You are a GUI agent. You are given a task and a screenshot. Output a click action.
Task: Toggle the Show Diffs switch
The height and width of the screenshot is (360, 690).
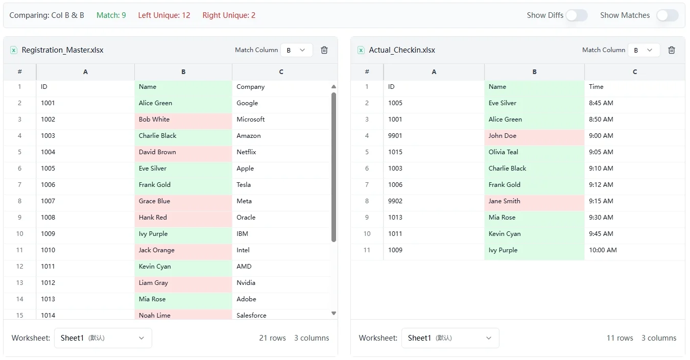pyautogui.click(x=576, y=15)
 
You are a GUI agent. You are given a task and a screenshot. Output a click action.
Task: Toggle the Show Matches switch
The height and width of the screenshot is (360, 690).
pyautogui.click(x=667, y=15)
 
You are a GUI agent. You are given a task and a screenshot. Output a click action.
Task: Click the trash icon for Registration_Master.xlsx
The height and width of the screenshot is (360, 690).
pyautogui.click(x=324, y=50)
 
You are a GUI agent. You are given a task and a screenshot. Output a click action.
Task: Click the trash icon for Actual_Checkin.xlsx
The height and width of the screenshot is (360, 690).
pyautogui.click(x=672, y=50)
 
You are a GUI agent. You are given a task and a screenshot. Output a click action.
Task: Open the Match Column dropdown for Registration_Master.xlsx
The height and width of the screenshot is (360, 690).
pyautogui.click(x=296, y=50)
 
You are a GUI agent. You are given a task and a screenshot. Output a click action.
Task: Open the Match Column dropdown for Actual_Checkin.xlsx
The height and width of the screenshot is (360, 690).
pyautogui.click(x=644, y=50)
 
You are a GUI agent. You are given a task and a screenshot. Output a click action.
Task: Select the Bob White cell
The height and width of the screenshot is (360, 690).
pyautogui.click(x=183, y=119)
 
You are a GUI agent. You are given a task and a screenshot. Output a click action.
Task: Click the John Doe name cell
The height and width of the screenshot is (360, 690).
pyautogui.click(x=534, y=136)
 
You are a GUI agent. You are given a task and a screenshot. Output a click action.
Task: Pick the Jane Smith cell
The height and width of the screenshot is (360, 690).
pyautogui.click(x=534, y=201)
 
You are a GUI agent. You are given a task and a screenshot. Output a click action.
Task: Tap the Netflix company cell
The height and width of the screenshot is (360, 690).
pyautogui.click(x=281, y=152)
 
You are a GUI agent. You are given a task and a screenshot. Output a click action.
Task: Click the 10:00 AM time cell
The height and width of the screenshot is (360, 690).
pyautogui.click(x=634, y=250)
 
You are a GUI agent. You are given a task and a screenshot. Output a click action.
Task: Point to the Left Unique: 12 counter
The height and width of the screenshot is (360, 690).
pyautogui.click(x=164, y=15)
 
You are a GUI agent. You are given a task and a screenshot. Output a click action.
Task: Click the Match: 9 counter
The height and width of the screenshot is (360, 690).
pyautogui.click(x=111, y=15)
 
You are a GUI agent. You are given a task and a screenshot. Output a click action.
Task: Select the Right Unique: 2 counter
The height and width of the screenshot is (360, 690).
pyautogui.click(x=229, y=15)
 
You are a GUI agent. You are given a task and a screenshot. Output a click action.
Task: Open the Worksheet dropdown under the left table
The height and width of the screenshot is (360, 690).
pyautogui.click(x=103, y=338)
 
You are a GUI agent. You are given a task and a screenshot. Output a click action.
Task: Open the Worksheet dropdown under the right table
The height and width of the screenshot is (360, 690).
pyautogui.click(x=450, y=338)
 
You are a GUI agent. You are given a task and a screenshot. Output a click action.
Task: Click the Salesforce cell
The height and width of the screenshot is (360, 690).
pyautogui.click(x=281, y=315)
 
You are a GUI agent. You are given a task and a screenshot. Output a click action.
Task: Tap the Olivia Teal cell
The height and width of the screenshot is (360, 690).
pyautogui.click(x=534, y=152)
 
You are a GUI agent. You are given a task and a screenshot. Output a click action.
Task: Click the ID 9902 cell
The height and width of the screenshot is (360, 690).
pyautogui.click(x=433, y=201)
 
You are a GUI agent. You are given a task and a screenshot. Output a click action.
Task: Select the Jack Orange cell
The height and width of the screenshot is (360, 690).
pyautogui.click(x=183, y=250)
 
